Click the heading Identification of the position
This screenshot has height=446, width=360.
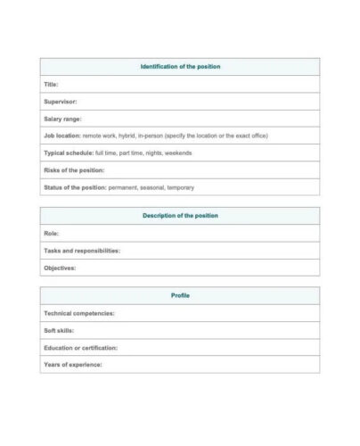click(x=180, y=67)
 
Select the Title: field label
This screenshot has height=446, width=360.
click(x=51, y=84)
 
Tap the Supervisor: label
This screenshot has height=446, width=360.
click(x=61, y=102)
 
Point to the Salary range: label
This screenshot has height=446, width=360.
click(x=62, y=119)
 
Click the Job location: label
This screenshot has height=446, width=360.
click(x=61, y=136)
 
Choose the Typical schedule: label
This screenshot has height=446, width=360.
click(x=68, y=153)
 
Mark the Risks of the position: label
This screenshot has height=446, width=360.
click(x=74, y=169)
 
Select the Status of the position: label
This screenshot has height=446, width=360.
click(x=75, y=187)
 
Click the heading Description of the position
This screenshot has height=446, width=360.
click(x=180, y=216)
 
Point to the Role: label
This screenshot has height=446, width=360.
click(x=51, y=234)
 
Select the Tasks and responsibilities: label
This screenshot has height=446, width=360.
click(x=81, y=251)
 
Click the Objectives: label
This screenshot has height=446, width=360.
click(x=60, y=268)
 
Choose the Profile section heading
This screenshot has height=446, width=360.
click(x=180, y=296)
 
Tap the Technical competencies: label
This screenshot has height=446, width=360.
click(x=78, y=313)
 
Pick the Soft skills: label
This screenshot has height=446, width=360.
click(x=59, y=330)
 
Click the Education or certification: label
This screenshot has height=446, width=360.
click(x=80, y=347)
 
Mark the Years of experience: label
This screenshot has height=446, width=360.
click(x=72, y=364)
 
